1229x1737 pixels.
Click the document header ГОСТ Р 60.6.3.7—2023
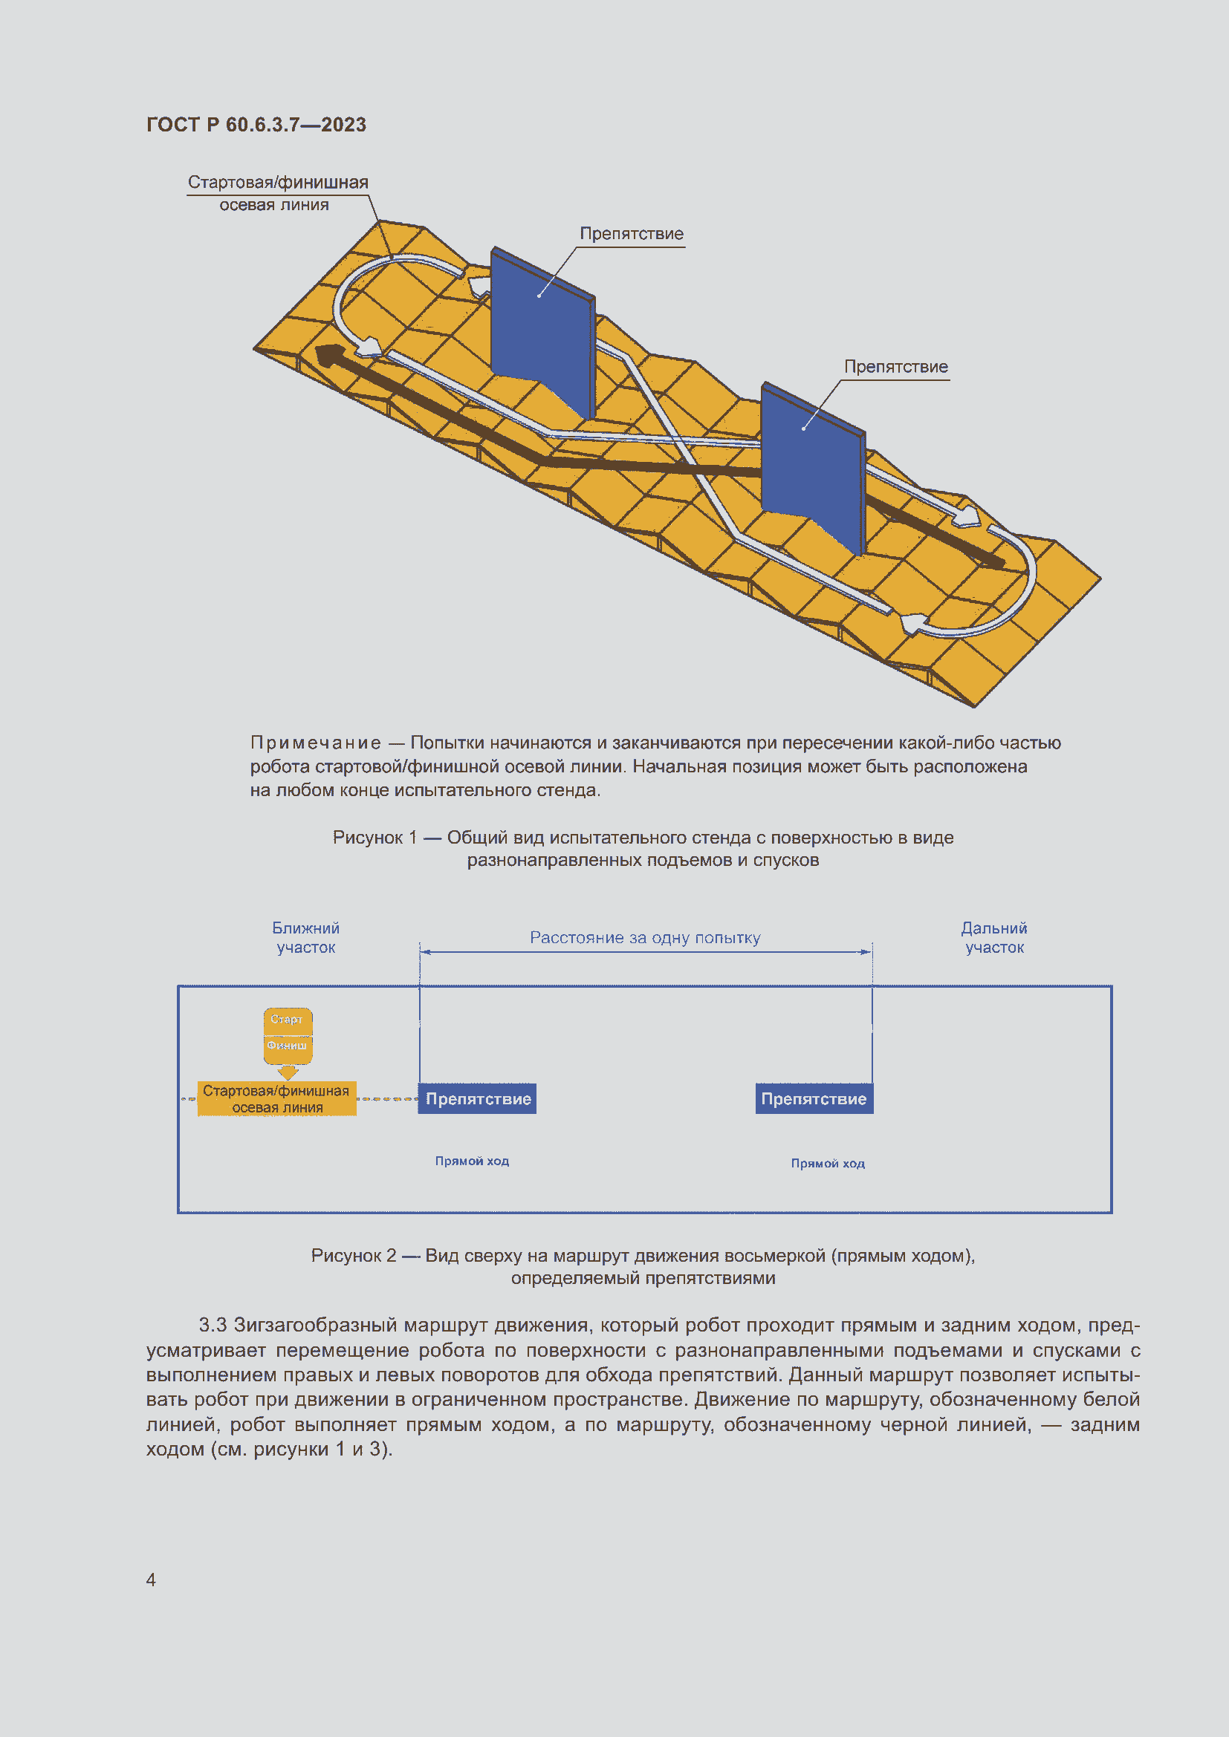(256, 125)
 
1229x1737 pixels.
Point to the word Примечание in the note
(316, 743)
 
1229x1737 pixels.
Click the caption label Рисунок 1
(374, 838)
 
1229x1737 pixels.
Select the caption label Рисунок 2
(354, 1255)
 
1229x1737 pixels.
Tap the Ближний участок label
(305, 937)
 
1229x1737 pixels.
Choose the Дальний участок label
(994, 937)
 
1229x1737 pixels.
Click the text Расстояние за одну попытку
(645, 937)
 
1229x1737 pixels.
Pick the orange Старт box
(288, 1019)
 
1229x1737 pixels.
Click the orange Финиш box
(288, 1046)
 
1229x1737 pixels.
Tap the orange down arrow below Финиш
(288, 1072)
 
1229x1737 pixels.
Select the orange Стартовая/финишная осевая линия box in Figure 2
(277, 1098)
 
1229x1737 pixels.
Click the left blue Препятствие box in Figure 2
(478, 1098)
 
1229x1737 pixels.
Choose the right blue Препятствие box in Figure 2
(814, 1098)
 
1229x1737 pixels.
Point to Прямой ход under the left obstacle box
(473, 1161)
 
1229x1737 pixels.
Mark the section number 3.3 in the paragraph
(213, 1325)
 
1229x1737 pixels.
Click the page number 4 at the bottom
(152, 1579)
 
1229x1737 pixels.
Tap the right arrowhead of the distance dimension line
(866, 952)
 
